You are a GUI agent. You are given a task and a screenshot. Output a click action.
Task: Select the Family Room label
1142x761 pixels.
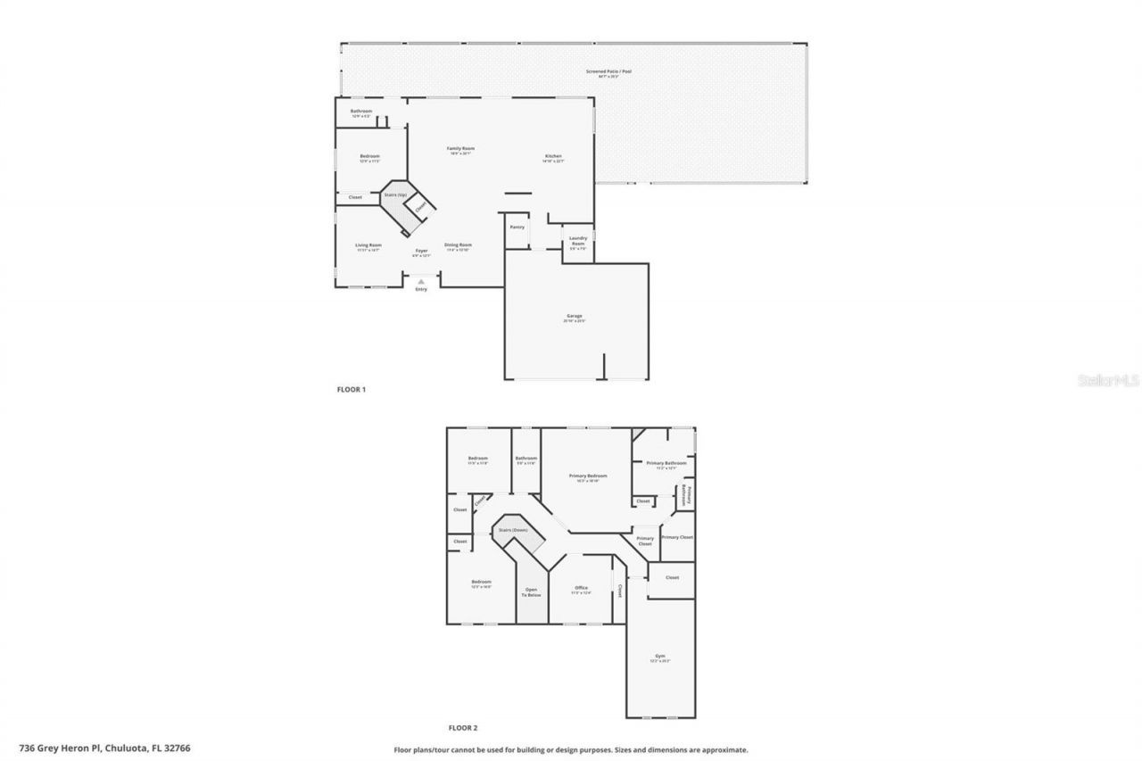[460, 150]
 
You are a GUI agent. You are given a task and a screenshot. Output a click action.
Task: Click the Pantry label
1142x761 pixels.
[517, 227]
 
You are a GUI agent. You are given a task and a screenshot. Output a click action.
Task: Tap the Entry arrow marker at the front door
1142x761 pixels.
[421, 281]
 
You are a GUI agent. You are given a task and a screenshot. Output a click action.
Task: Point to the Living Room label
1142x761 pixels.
[368, 246]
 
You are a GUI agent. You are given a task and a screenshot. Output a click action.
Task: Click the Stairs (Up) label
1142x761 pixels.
[394, 194]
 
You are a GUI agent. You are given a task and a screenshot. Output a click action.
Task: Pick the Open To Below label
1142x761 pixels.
[533, 591]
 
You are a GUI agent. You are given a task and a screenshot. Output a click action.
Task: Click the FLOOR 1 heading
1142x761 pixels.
[351, 389]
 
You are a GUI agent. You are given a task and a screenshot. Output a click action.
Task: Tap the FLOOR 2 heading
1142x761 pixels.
[463, 728]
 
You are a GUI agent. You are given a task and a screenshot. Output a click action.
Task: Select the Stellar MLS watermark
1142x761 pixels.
[1108, 380]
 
